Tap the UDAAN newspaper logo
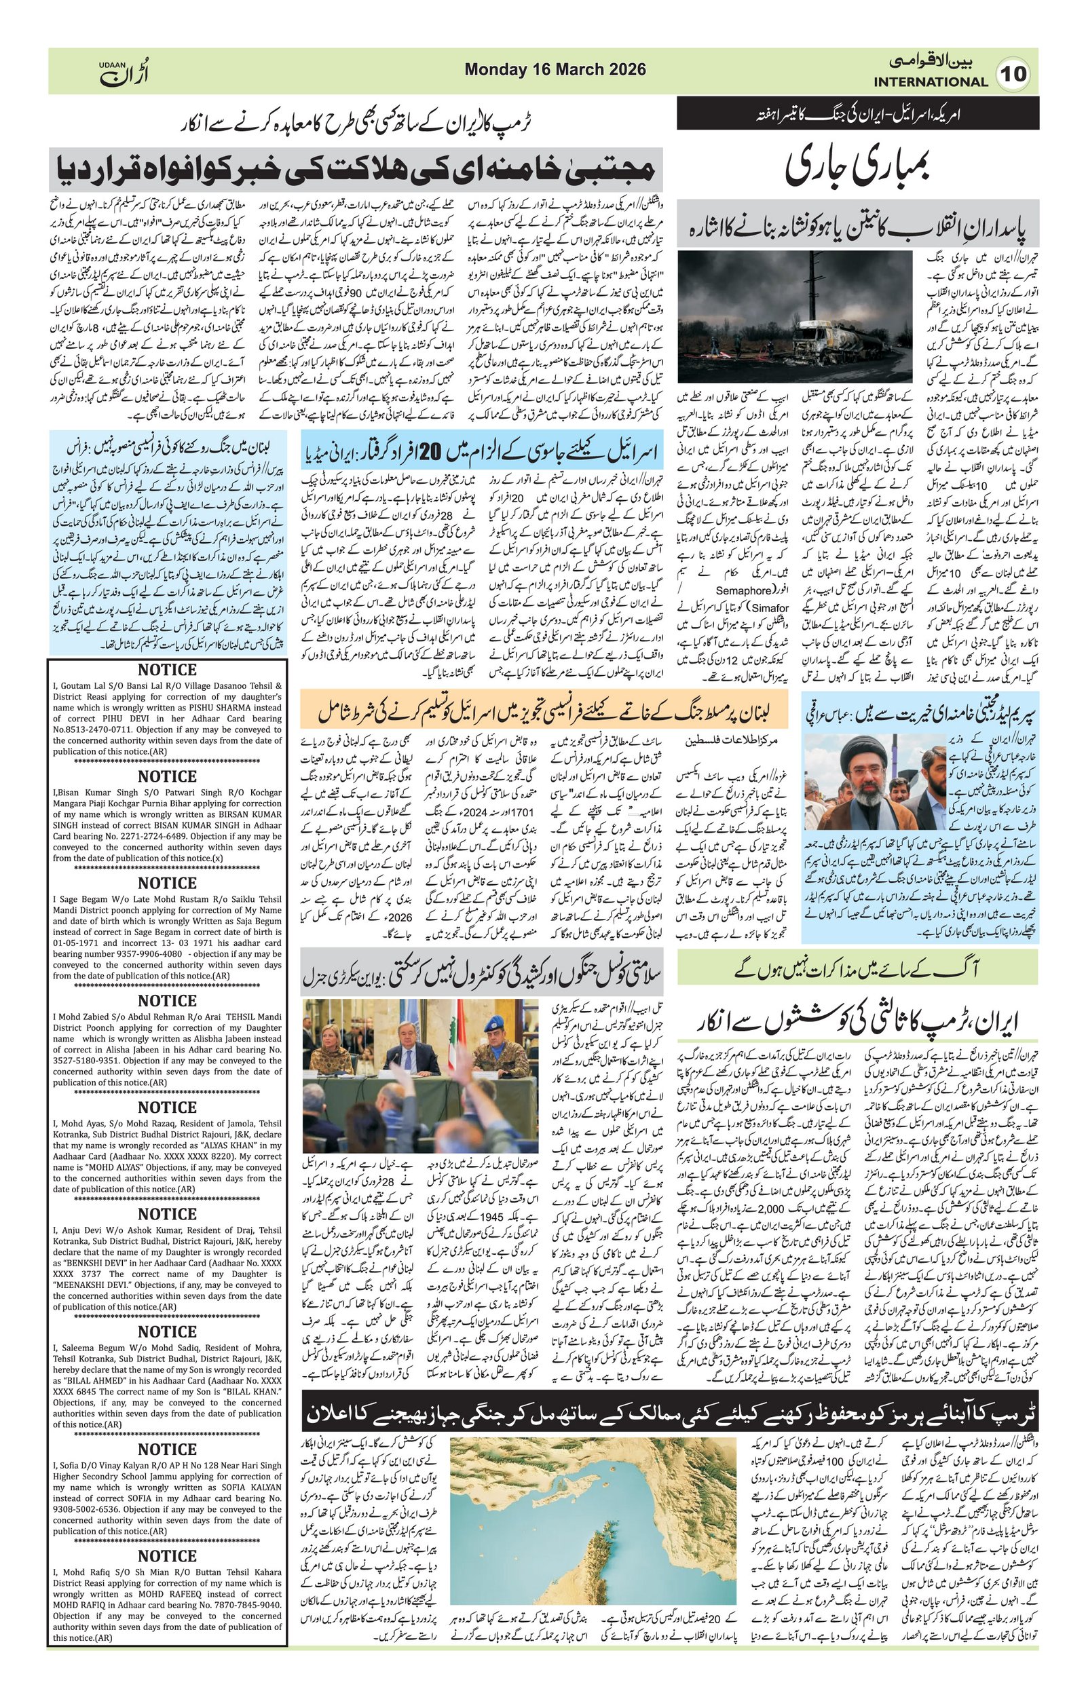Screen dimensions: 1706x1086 [x=125, y=71]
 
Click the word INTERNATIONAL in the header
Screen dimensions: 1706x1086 [x=930, y=82]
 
